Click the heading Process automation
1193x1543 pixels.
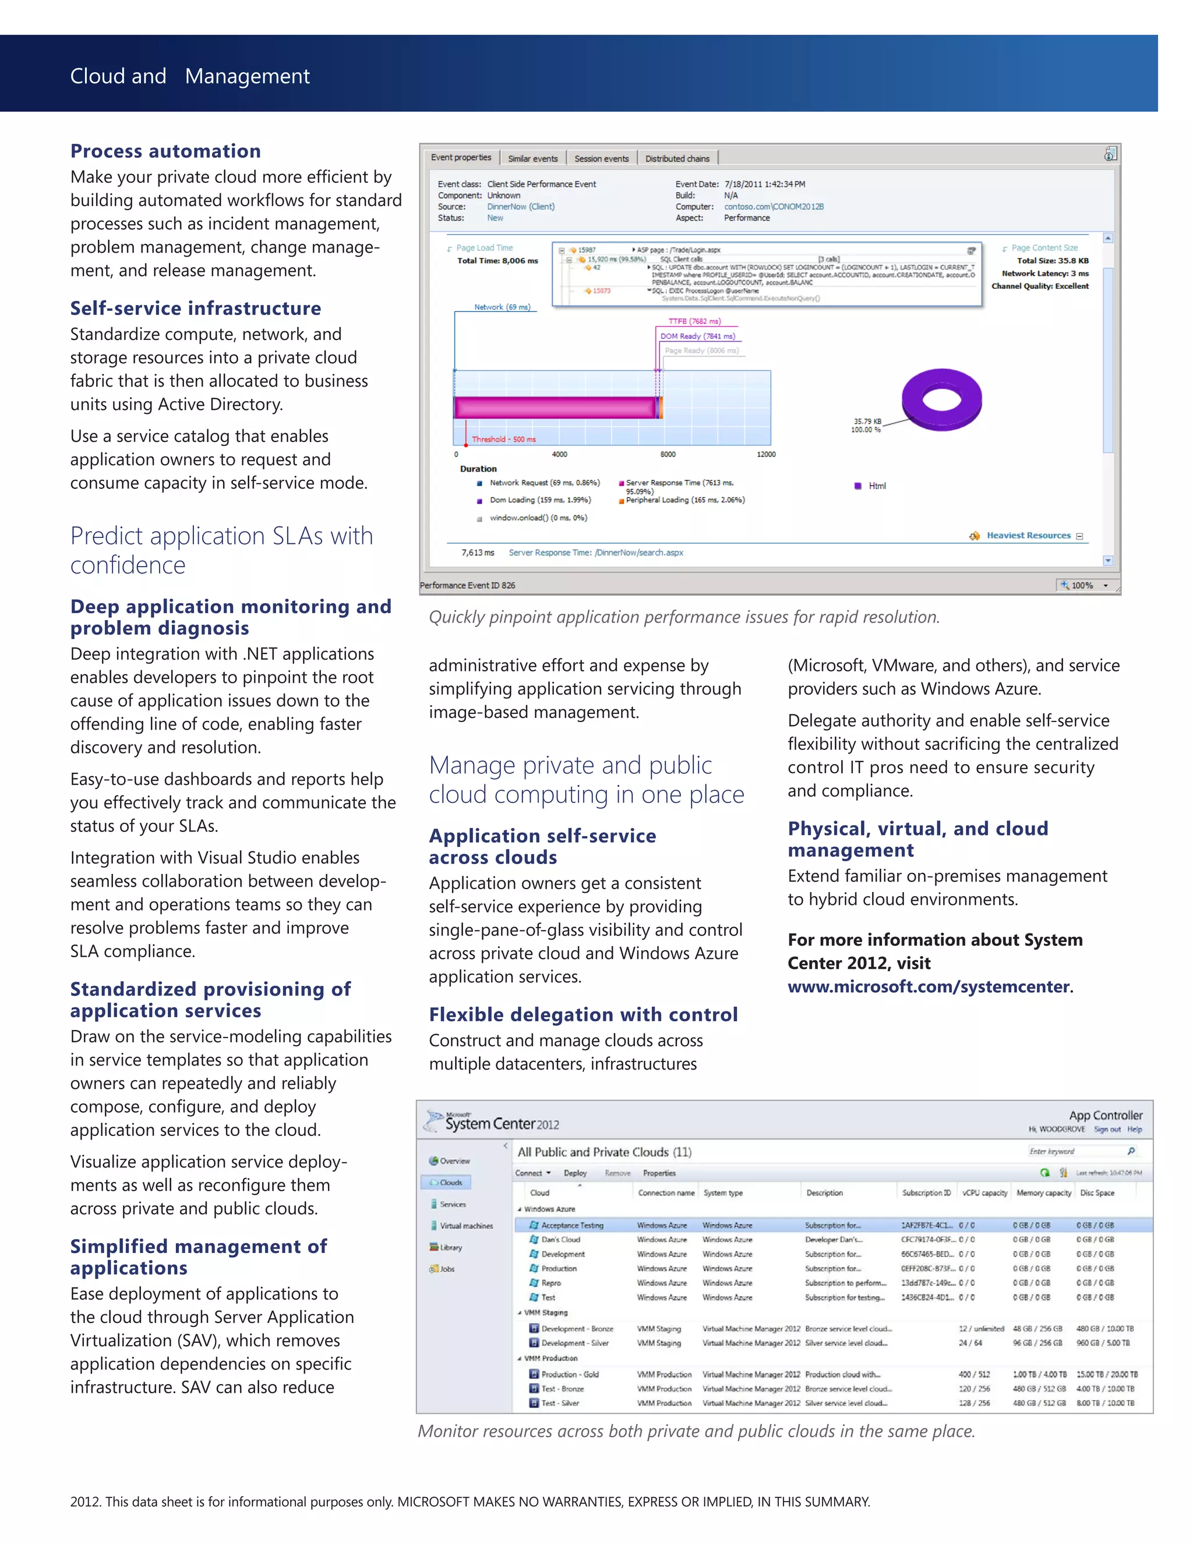[165, 151]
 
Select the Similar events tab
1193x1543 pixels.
[532, 158]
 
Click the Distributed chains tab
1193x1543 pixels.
[676, 158]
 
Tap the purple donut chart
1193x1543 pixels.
[941, 400]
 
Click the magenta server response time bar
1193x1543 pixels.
[555, 408]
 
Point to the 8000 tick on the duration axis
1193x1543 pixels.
[667, 454]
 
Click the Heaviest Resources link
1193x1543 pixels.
[1028, 536]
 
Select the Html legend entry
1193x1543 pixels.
[876, 486]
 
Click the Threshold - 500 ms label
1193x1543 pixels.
[503, 440]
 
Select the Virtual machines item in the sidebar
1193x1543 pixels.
[466, 1226]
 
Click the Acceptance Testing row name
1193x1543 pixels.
[572, 1225]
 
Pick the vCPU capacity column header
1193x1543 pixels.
[984, 1192]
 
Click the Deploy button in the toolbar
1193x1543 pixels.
[574, 1173]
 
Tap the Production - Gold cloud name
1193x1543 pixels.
[569, 1374]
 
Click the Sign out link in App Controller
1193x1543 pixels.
[1107, 1129]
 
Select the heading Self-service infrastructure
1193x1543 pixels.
[195, 309]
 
